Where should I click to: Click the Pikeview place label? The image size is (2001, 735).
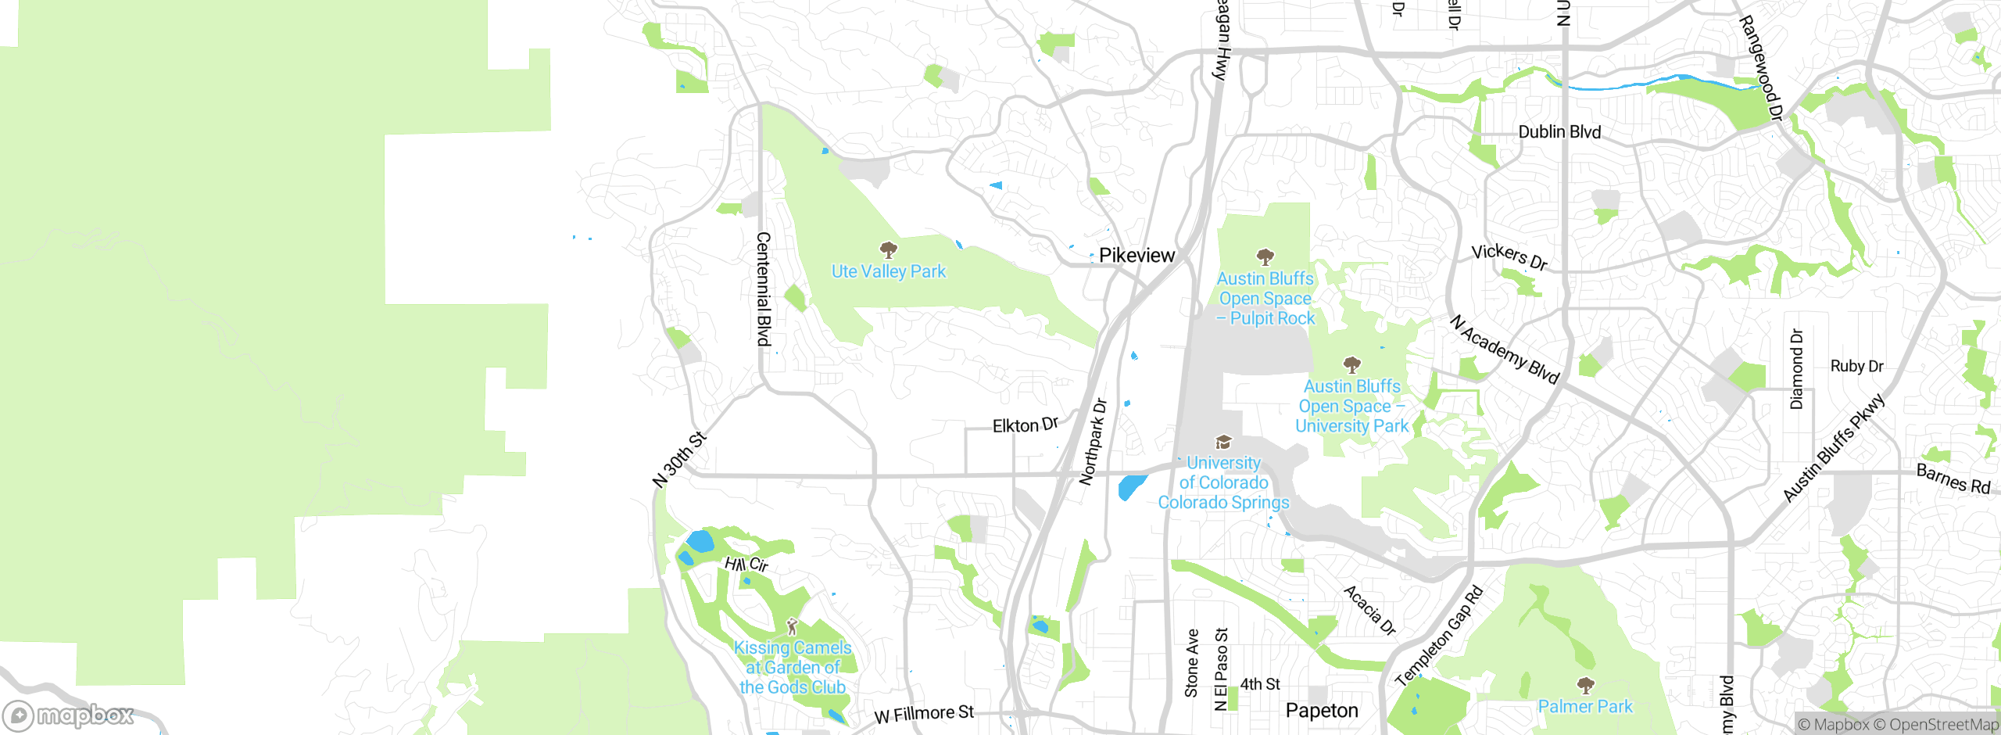pos(1136,256)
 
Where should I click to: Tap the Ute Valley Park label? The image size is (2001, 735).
pos(888,271)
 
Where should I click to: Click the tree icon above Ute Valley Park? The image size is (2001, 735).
pos(888,250)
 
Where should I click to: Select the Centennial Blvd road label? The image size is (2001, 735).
pos(764,289)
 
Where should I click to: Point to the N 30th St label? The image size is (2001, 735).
pos(679,460)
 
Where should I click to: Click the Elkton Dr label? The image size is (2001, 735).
pos(1025,425)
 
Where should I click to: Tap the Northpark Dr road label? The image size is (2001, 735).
pos(1094,442)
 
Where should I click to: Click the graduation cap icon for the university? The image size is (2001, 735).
pos(1223,443)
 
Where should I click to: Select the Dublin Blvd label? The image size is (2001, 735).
pos(1559,132)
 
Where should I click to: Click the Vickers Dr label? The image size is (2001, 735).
pos(1509,256)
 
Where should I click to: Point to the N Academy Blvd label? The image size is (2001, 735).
pos(1504,349)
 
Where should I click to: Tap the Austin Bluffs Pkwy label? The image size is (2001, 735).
pos(1834,449)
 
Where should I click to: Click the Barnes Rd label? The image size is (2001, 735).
pos(1953,479)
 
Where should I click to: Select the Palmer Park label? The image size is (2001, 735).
pos(1585,706)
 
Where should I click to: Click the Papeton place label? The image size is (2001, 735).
pos(1322,711)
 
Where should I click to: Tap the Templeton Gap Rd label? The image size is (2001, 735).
pos(1439,636)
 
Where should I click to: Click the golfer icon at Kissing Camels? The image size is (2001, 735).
pos(792,626)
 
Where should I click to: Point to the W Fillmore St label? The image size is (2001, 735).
pos(924,714)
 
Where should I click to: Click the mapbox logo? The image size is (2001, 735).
pos(69,715)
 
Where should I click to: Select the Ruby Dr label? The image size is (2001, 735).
pos(1856,366)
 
